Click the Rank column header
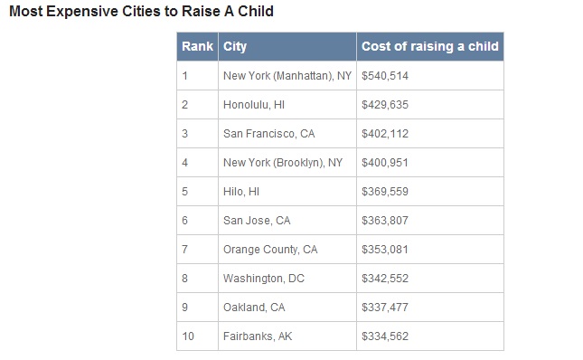[x=197, y=46]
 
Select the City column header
[x=235, y=47]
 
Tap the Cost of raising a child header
[x=430, y=46]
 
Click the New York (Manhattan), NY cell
[x=287, y=76]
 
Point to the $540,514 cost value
[x=385, y=76]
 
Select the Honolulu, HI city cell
[x=254, y=105]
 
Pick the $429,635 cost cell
[x=385, y=105]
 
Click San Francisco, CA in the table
[x=268, y=134]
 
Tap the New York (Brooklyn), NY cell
[x=283, y=163]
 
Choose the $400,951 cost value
[x=385, y=163]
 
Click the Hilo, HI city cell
[x=241, y=192]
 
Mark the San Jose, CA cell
[x=257, y=221]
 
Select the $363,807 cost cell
[x=385, y=221]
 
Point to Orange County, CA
[x=270, y=250]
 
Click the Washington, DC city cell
[x=264, y=279]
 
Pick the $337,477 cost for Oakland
[x=385, y=308]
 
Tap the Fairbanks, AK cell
[x=258, y=336]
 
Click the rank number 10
[x=188, y=336]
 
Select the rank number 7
[x=184, y=250]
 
